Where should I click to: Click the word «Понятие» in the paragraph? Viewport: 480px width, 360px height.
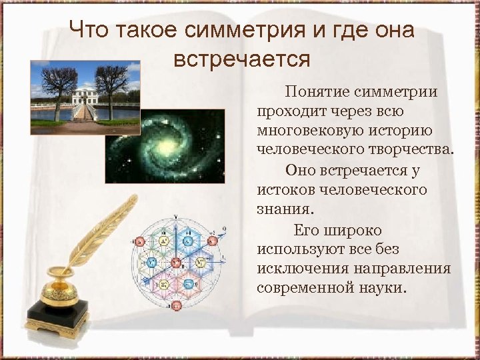[315, 92]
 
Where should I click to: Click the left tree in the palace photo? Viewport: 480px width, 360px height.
[55, 83]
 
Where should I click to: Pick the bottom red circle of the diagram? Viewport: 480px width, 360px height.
[176, 305]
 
